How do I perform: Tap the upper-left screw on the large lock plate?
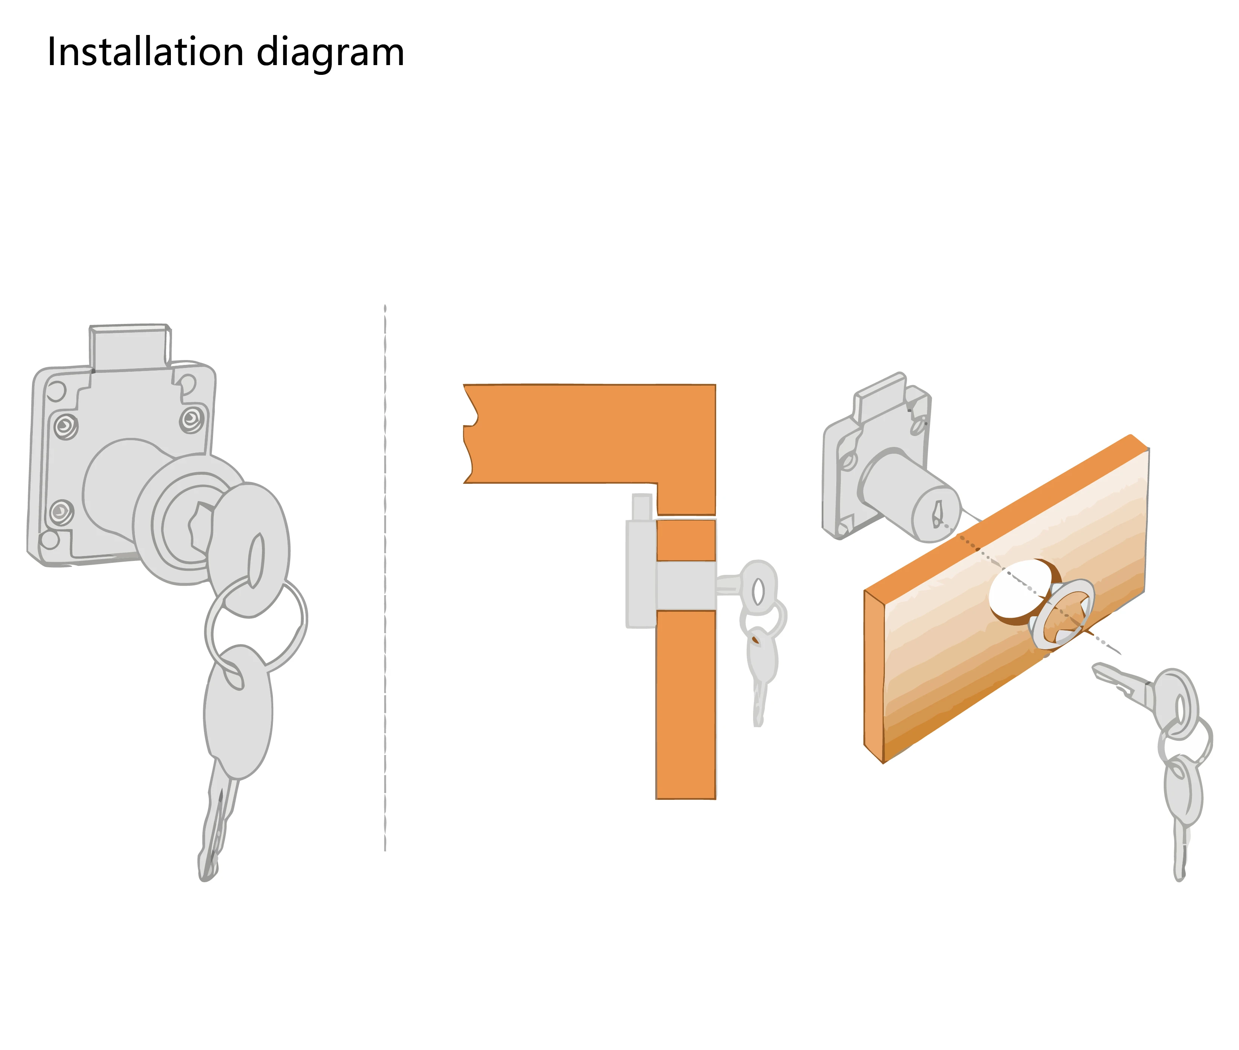coord(66,426)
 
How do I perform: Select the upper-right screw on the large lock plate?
coord(192,419)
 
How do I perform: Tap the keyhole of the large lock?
coord(199,527)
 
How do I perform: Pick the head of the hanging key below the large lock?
coord(238,711)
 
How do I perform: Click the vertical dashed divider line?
coord(385,578)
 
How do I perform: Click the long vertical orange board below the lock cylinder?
coord(686,705)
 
